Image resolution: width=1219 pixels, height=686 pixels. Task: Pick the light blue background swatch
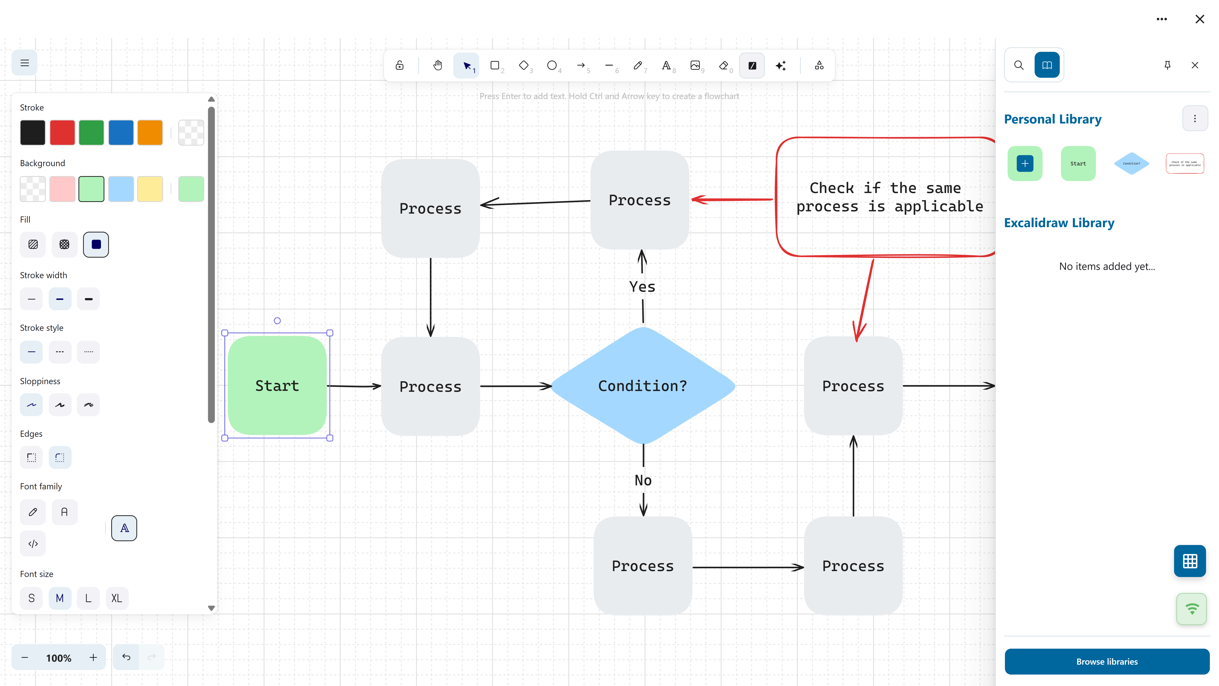coord(121,189)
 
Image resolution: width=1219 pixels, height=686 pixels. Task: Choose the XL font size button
coord(116,598)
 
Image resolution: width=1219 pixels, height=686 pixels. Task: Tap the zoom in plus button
coord(93,657)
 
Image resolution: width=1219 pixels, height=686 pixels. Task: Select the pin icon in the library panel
coord(1167,65)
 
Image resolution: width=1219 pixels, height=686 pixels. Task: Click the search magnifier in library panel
coord(1019,65)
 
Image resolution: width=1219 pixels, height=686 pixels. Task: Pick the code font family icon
coord(33,543)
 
